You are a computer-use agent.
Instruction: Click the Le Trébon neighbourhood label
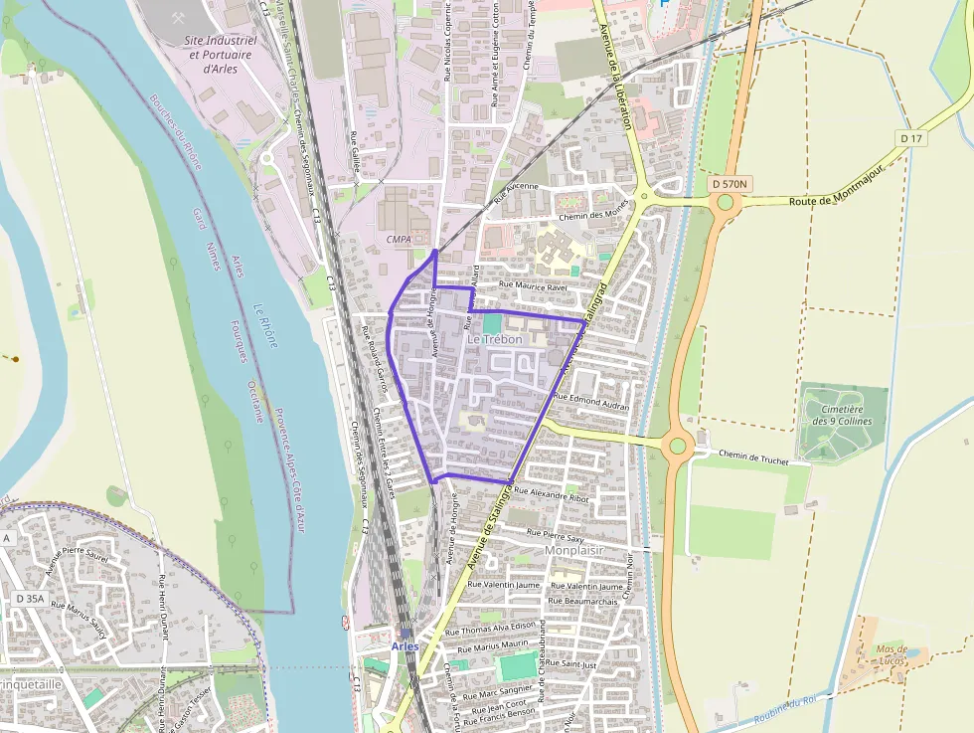click(x=494, y=339)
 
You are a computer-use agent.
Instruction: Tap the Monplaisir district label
click(x=574, y=549)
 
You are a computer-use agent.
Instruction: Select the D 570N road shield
click(x=730, y=184)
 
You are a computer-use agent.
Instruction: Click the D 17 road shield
click(x=910, y=137)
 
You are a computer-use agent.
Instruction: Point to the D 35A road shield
click(x=30, y=599)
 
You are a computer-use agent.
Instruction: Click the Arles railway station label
click(x=405, y=645)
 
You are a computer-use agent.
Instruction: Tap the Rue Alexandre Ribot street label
click(x=551, y=494)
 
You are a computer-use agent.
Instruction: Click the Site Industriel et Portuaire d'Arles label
click(x=221, y=55)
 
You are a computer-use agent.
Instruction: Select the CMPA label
click(x=399, y=240)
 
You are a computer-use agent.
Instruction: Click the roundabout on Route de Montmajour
click(x=726, y=203)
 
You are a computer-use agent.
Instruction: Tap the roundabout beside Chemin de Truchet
click(x=678, y=445)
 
